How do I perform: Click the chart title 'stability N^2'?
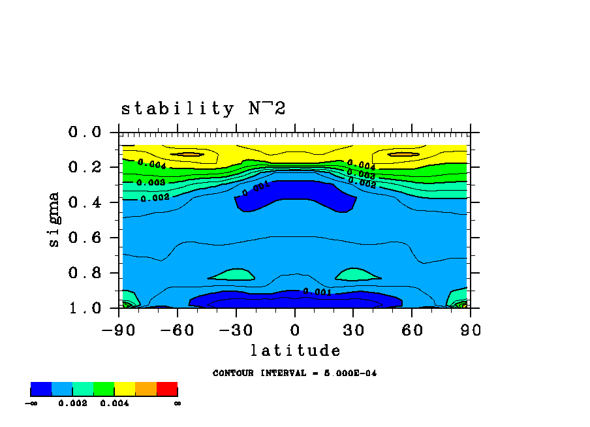pos(203,108)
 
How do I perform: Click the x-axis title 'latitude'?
pos(295,351)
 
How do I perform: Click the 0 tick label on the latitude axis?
pos(294,330)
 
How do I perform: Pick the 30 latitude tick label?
pos(353,330)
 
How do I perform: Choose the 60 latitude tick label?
pos(412,330)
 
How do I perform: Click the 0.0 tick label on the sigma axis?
pos(85,133)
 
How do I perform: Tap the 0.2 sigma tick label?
pos(85,168)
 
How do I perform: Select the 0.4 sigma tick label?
pos(85,203)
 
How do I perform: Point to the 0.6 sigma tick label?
pos(85,238)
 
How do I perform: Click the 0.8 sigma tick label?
pos(85,274)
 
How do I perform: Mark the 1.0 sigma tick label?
pos(85,308)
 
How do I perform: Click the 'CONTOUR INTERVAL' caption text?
pos(294,373)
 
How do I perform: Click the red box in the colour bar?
pos(167,389)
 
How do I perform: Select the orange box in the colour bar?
pos(146,389)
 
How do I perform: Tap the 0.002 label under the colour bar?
pos(72,403)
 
